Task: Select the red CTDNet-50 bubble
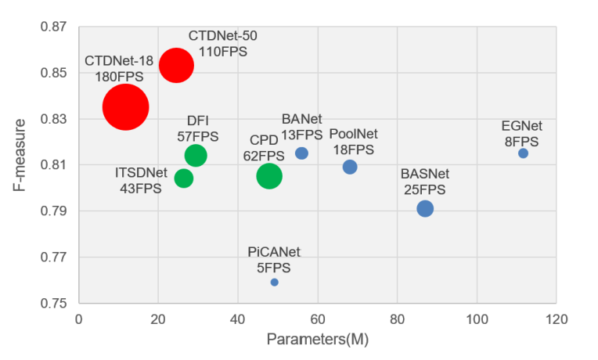(x=176, y=65)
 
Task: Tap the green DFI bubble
(x=196, y=155)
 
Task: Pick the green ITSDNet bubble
(x=184, y=178)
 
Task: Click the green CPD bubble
(x=269, y=176)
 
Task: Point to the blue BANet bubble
(x=301, y=153)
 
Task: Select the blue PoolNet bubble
(x=350, y=167)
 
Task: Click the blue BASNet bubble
(x=425, y=208)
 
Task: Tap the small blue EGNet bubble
(x=523, y=153)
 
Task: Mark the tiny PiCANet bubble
(x=275, y=282)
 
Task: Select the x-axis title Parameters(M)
(x=317, y=340)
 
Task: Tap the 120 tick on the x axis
(x=556, y=319)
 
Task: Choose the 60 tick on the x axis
(x=317, y=319)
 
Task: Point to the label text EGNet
(x=522, y=126)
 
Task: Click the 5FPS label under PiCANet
(x=274, y=266)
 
